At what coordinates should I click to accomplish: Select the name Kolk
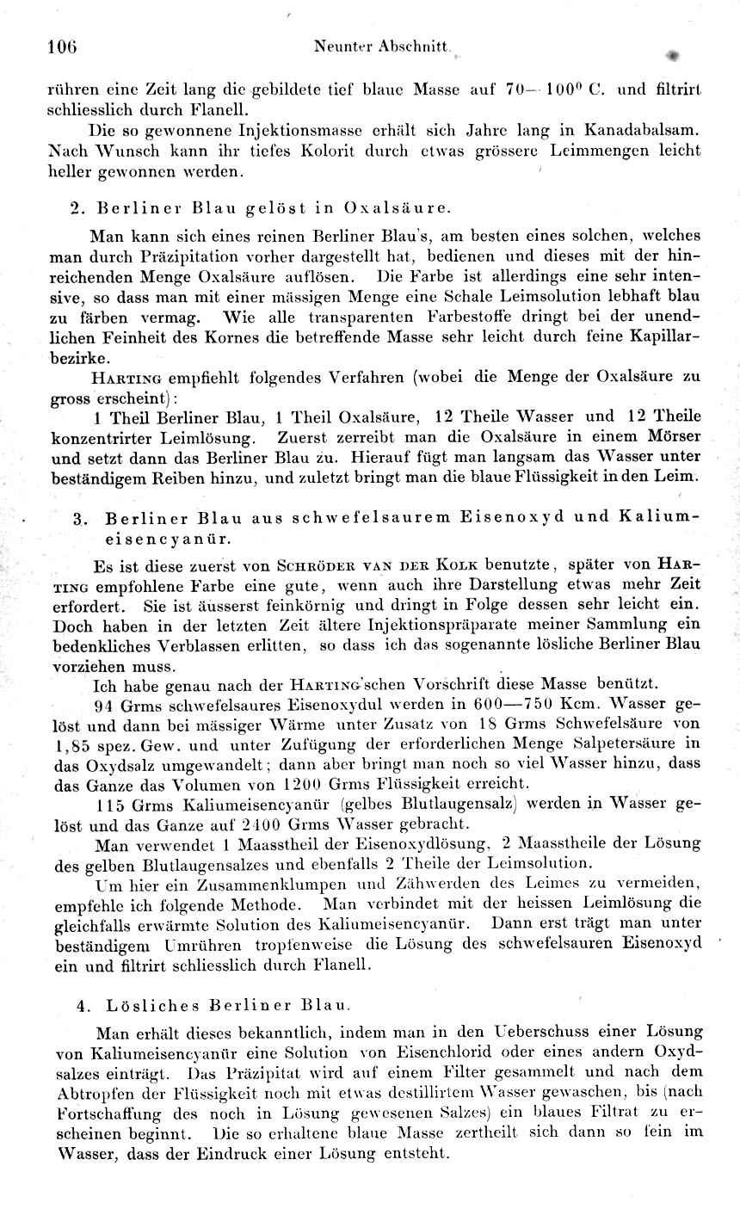click(457, 566)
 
